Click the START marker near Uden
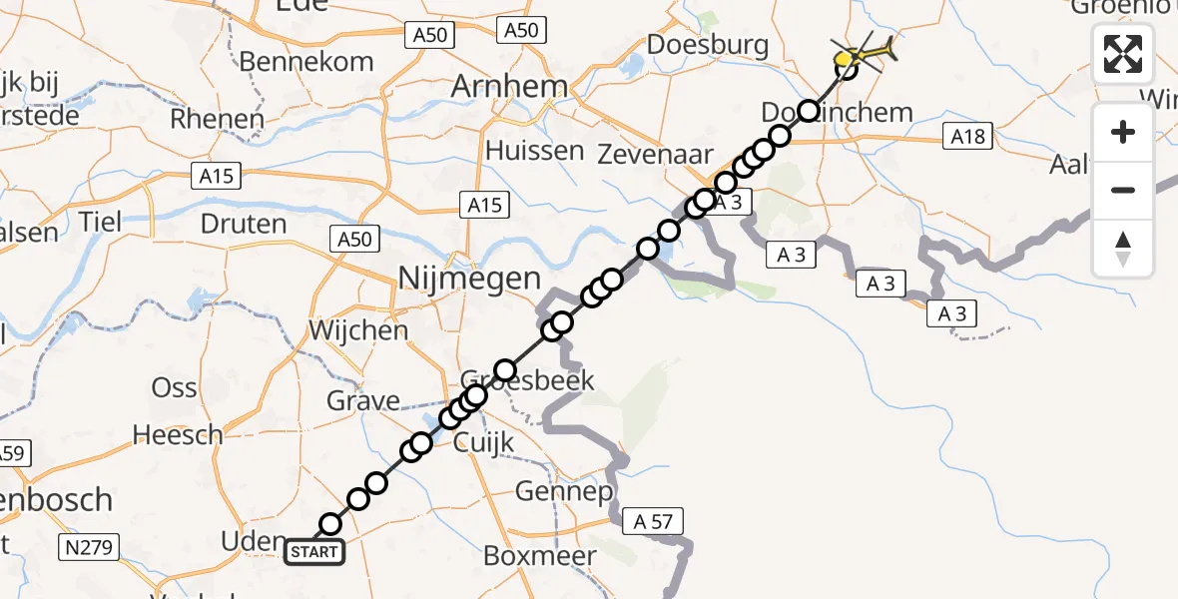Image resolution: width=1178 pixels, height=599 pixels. click(x=314, y=551)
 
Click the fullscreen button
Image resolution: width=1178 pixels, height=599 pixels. click(x=1123, y=54)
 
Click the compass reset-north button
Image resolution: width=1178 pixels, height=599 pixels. click(x=1123, y=249)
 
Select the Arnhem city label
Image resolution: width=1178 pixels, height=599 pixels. click(x=509, y=86)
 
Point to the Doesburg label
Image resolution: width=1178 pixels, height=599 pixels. click(x=708, y=45)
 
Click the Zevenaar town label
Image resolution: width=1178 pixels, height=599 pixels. click(x=655, y=154)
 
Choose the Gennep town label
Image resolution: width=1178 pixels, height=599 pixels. click(x=564, y=491)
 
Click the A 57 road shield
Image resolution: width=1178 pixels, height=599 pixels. click(x=653, y=520)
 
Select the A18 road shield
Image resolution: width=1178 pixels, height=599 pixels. click(x=967, y=136)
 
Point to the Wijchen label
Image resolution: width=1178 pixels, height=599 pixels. click(x=358, y=329)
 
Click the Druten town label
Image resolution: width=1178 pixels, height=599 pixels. click(x=244, y=223)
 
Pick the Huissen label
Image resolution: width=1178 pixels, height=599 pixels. click(x=534, y=151)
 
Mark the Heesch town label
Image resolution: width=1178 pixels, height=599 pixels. click(x=178, y=434)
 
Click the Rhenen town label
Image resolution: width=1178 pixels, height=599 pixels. click(x=218, y=119)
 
